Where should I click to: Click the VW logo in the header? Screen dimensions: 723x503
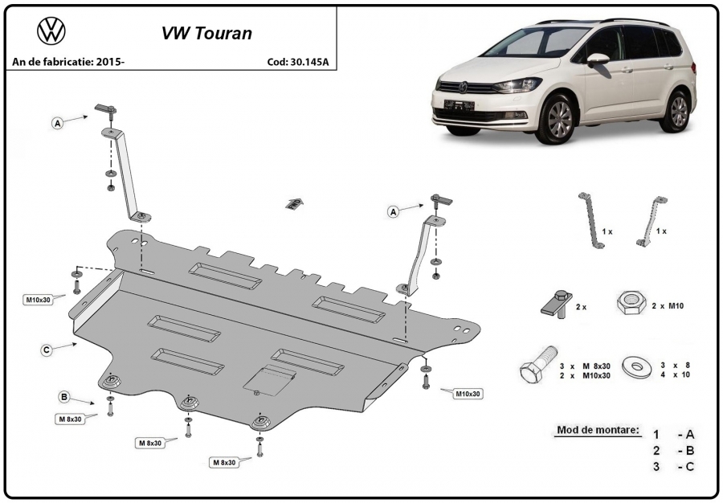(51, 31)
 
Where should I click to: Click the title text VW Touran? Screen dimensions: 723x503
(206, 33)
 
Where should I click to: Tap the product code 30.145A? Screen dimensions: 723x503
(309, 62)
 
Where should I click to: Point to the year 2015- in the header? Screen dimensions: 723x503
(110, 62)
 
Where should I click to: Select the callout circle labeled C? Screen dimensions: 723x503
(46, 350)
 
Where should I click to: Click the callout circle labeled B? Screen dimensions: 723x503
(64, 396)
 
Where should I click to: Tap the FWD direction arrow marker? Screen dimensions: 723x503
(294, 203)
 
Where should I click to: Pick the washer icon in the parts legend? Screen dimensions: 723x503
(637, 366)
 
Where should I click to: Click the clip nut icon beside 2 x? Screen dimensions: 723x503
(557, 304)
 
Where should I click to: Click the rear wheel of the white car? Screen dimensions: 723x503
(678, 111)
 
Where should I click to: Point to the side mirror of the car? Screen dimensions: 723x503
(598, 59)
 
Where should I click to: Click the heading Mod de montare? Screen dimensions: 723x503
(598, 430)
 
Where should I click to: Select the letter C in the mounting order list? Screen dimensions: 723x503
(690, 467)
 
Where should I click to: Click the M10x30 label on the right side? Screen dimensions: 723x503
(468, 394)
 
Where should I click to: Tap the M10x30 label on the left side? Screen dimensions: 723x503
(39, 301)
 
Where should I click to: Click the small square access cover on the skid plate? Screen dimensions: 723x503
(269, 381)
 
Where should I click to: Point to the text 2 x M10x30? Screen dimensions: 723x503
(585, 375)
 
